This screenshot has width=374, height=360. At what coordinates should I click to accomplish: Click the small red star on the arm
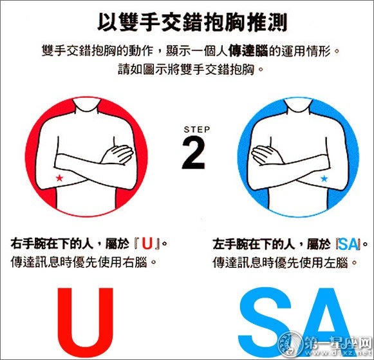(59, 178)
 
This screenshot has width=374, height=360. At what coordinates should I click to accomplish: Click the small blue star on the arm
(324, 178)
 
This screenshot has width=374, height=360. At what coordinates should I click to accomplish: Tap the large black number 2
(194, 153)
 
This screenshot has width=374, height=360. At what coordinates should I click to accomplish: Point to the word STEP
(197, 129)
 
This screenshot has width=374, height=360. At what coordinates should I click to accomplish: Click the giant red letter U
(85, 322)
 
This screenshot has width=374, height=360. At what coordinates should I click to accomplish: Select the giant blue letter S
(265, 322)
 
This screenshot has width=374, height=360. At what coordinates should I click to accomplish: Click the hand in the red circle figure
(117, 155)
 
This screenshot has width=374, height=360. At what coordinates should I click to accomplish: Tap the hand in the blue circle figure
(267, 155)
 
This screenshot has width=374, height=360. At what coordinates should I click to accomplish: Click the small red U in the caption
(147, 244)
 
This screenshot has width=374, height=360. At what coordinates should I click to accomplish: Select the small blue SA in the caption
(348, 244)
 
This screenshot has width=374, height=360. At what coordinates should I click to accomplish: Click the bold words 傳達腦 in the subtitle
(248, 51)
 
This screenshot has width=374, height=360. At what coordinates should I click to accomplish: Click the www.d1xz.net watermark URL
(339, 353)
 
